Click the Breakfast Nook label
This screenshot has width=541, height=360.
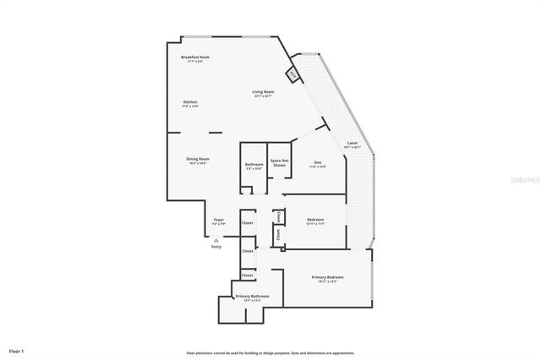point(194,57)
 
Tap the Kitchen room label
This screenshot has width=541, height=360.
point(190,102)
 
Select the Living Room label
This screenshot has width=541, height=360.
point(263,91)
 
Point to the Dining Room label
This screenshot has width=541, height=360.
point(198,159)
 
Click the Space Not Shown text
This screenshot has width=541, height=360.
point(279,162)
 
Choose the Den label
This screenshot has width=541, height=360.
point(318,161)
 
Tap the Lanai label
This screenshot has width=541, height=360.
point(352,143)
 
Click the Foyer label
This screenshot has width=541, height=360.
point(218,220)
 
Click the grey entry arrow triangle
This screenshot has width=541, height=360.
point(216,239)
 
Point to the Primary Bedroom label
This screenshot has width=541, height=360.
point(327,276)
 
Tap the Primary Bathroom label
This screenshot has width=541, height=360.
point(252,296)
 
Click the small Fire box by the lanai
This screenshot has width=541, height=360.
point(292,74)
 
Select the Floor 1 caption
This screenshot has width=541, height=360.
point(17,351)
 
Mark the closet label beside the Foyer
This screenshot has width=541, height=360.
point(248,223)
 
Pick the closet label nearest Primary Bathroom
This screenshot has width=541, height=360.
point(248,275)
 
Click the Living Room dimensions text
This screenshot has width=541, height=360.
point(263,95)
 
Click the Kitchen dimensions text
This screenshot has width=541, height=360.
point(190,106)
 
